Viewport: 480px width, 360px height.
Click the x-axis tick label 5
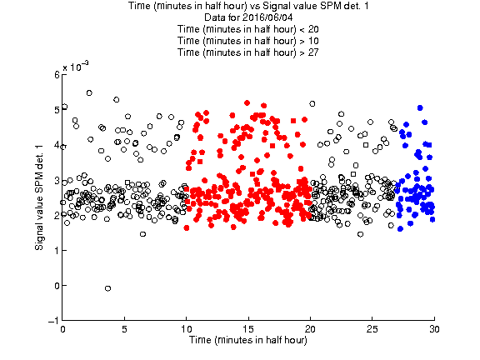124,329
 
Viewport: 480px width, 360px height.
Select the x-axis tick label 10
186,329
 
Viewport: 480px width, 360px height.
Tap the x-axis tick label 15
248,329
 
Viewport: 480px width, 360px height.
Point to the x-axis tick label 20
310,329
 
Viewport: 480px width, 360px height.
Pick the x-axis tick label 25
372,329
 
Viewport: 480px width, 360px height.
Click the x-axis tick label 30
434,329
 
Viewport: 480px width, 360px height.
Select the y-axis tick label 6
57,75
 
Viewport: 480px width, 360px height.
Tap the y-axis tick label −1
53,320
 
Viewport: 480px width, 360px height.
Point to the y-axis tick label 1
57,250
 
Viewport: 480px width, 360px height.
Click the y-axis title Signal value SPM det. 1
39,197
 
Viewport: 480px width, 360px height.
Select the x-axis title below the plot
248,340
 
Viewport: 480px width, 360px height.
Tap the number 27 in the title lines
312,52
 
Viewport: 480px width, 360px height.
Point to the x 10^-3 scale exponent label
76,67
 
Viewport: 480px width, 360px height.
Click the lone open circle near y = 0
107,288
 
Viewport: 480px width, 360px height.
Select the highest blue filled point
420,107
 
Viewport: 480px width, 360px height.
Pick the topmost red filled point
247,102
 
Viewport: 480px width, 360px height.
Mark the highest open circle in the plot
89,92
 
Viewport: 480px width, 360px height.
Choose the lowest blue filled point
400,228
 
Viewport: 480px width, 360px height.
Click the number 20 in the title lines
312,29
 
